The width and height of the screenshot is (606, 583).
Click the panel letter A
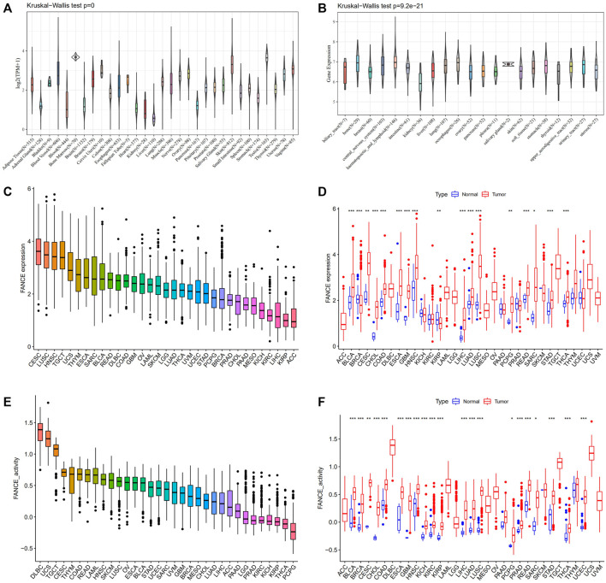(x=7, y=9)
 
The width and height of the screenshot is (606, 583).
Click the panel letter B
(x=312, y=9)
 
